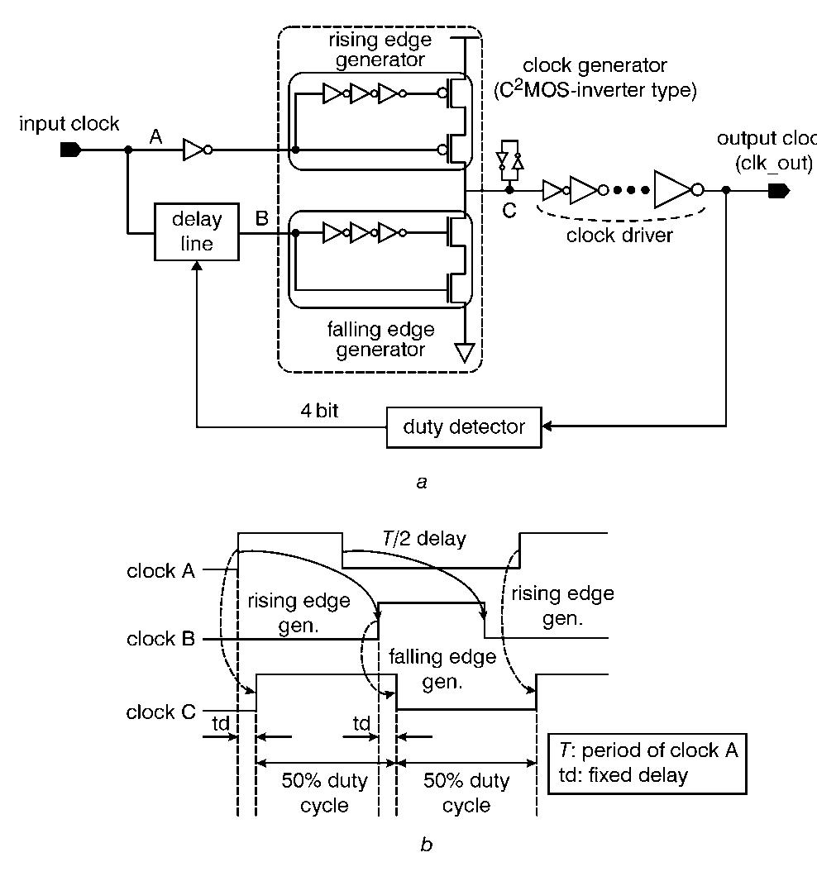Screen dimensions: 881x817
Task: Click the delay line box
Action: tap(197, 231)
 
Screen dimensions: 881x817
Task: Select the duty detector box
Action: tap(464, 426)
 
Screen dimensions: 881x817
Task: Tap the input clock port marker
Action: tap(70, 150)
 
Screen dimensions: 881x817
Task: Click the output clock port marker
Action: tap(778, 191)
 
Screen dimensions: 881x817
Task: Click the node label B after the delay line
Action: tap(261, 219)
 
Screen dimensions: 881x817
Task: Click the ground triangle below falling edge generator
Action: tap(465, 354)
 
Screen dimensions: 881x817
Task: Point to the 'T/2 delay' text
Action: tap(425, 540)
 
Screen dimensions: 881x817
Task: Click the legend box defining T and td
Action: tap(647, 763)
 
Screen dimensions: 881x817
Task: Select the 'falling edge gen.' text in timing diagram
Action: tap(442, 669)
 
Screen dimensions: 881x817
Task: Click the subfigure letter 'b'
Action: tap(426, 845)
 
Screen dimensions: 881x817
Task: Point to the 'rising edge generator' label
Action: tap(378, 50)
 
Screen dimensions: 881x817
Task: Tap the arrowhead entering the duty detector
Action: tap(547, 426)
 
